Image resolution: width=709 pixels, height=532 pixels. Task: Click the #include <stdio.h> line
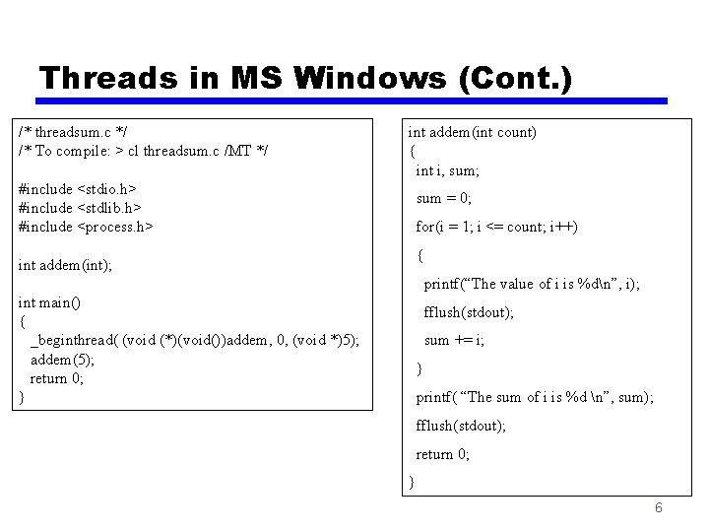[78, 188]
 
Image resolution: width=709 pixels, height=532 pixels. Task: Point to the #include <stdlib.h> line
[79, 207]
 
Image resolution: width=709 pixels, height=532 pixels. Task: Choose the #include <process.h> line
[86, 227]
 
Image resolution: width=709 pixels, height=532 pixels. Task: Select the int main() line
[49, 302]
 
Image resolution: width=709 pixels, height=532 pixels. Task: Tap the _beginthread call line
[195, 341]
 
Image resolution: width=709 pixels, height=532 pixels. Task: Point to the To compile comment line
[144, 150]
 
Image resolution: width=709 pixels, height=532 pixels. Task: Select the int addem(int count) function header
[472, 132]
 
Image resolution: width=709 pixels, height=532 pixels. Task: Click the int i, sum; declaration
[447, 170]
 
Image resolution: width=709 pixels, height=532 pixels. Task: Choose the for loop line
[496, 227]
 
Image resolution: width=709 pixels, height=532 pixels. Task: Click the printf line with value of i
[532, 284]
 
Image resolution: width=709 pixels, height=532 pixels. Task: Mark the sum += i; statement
[454, 340]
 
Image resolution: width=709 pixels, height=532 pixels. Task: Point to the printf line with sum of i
[535, 397]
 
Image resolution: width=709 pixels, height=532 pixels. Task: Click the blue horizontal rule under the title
[352, 100]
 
